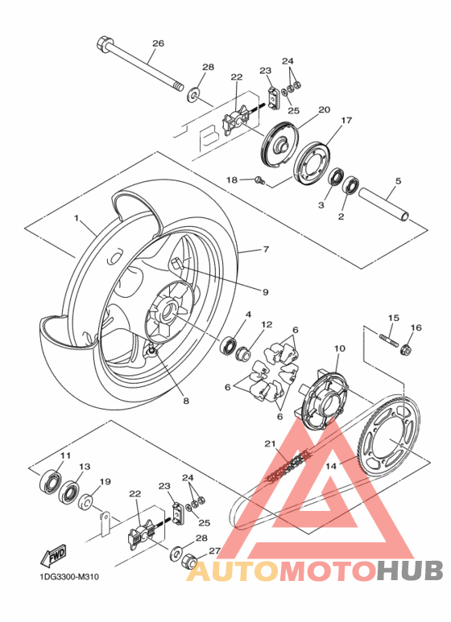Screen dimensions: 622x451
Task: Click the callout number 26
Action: (x=158, y=43)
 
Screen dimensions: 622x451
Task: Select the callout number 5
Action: (x=398, y=181)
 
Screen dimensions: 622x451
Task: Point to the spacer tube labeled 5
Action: (x=383, y=204)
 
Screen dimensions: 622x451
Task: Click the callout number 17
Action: (x=346, y=121)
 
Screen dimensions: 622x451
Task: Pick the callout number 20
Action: (x=324, y=109)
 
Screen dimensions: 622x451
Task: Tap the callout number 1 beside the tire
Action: (x=77, y=219)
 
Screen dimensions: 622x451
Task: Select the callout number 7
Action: (x=265, y=250)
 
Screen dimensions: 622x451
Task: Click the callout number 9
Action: (x=265, y=291)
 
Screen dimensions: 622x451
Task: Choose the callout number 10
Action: (x=339, y=348)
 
